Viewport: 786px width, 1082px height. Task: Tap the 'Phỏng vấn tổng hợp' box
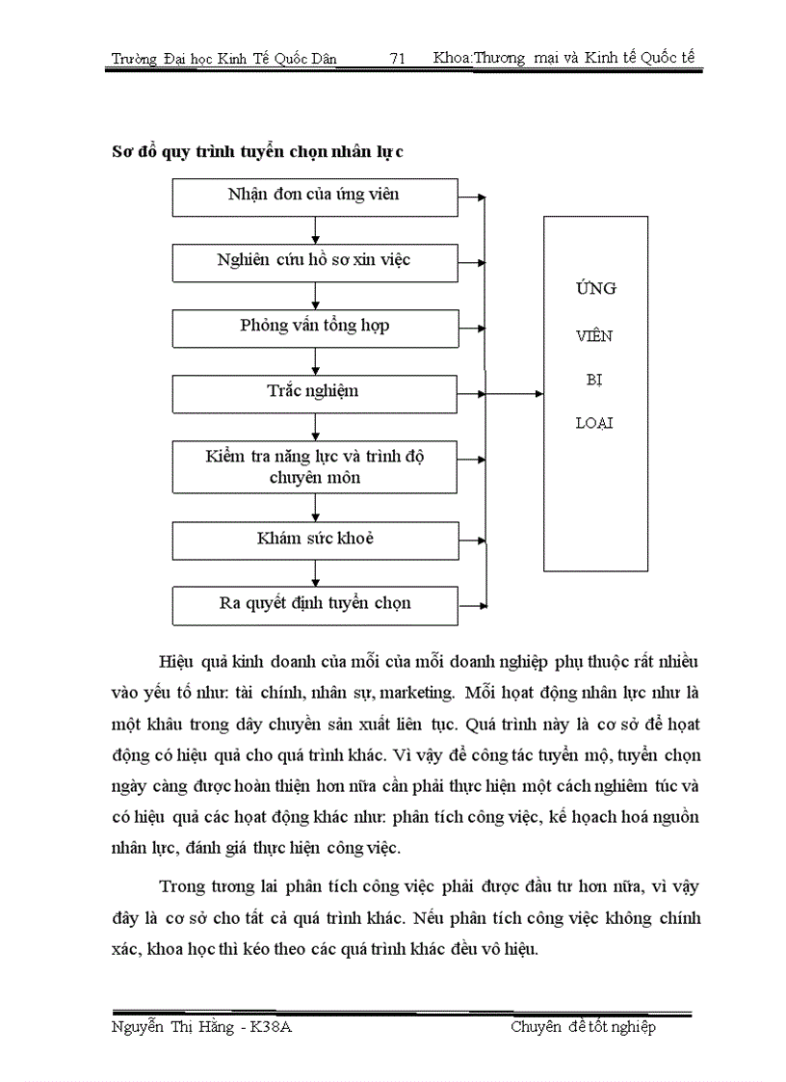click(x=315, y=328)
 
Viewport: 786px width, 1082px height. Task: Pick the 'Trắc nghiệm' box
click(x=315, y=393)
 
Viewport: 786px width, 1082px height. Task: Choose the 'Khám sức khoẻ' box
click(x=315, y=540)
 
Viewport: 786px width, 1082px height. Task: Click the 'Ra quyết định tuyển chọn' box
click(x=315, y=605)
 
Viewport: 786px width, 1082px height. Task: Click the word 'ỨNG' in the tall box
click(x=595, y=289)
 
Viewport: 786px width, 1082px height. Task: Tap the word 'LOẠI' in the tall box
click(x=595, y=423)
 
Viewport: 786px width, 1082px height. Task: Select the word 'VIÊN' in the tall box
click(x=595, y=336)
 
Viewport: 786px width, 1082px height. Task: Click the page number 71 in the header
click(x=397, y=59)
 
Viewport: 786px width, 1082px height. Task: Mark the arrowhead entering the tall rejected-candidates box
click(x=538, y=393)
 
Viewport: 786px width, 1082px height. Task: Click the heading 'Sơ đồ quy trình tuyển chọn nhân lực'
click(x=257, y=151)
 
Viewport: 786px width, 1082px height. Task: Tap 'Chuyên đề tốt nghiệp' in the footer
click(x=583, y=1028)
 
